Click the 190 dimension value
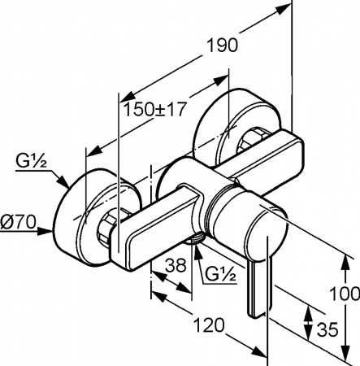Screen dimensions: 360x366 pos(223,45)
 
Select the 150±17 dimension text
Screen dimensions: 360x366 pos(155,110)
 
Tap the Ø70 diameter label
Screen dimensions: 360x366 pos(18,222)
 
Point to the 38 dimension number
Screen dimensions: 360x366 pos(176,265)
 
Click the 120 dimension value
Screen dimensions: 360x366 pos(210,325)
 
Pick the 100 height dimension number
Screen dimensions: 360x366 pos(345,294)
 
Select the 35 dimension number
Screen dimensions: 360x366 pos(327,329)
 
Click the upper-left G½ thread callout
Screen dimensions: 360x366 pos(31,162)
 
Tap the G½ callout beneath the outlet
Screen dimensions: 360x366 pos(221,275)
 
